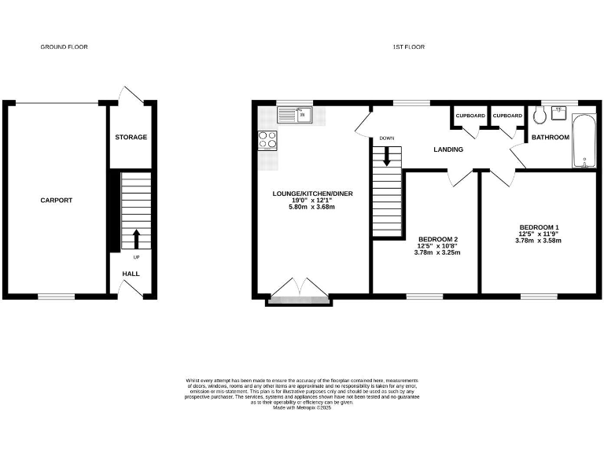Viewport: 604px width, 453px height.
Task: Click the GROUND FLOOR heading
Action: (x=64, y=47)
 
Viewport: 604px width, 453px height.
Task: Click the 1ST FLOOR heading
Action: (x=409, y=47)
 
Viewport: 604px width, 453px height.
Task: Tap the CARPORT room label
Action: (x=57, y=201)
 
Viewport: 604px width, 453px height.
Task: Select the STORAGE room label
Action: (x=131, y=138)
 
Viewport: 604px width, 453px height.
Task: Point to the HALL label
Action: (x=131, y=274)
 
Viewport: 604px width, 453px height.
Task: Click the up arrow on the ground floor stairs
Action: (x=136, y=238)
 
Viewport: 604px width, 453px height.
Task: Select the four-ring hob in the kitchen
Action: (x=267, y=140)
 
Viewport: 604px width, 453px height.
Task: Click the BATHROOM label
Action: (x=550, y=138)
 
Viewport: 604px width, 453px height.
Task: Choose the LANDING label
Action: (x=449, y=149)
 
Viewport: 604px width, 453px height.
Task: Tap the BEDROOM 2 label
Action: (x=438, y=239)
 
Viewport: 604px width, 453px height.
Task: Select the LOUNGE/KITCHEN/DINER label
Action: (x=313, y=193)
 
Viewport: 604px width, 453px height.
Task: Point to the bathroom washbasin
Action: (x=560, y=112)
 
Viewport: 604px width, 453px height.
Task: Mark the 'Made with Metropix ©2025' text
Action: (x=302, y=407)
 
